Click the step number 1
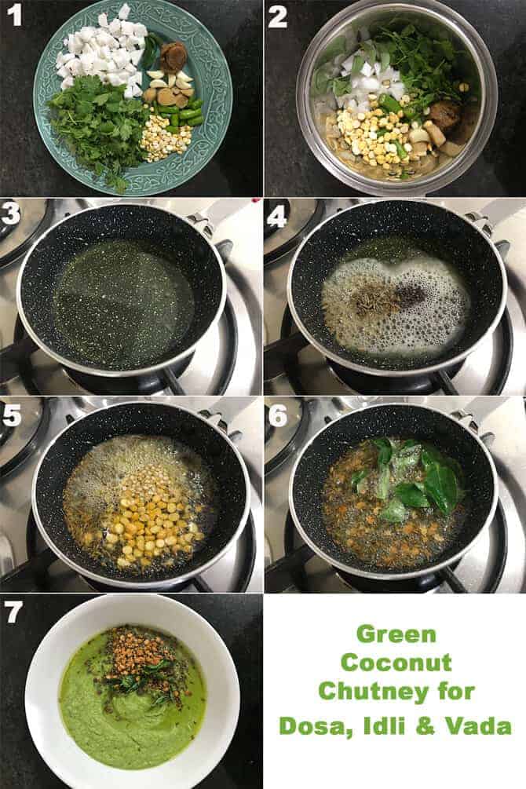[x=13, y=15]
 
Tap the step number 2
[x=277, y=16]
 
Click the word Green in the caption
[x=395, y=634]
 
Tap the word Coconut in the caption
[x=395, y=663]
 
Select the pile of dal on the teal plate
[x=167, y=141]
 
